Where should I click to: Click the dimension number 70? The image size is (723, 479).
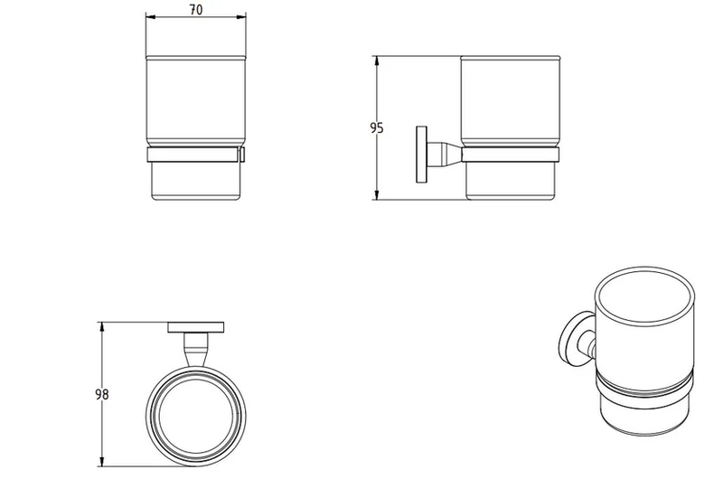click(196, 9)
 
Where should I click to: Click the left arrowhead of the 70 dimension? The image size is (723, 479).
click(149, 18)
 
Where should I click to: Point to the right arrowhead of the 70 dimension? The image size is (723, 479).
click(242, 18)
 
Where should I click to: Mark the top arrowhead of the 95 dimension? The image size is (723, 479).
click(376, 61)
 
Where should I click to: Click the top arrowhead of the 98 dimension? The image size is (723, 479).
click(102, 324)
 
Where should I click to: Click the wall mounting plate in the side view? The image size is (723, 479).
click(419, 155)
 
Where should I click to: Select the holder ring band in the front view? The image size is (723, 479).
click(194, 155)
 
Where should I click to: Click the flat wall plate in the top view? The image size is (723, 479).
click(196, 326)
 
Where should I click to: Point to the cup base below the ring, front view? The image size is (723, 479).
click(194, 181)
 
